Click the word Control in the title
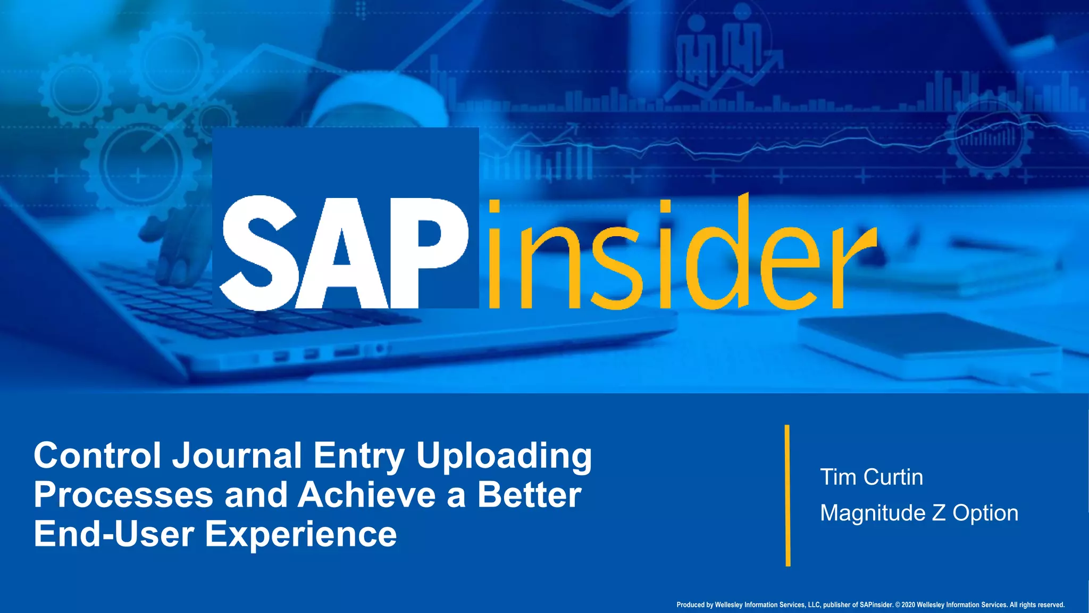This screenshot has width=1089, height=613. click(x=97, y=456)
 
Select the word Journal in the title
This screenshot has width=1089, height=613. click(x=237, y=456)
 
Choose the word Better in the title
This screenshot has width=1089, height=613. click(x=529, y=495)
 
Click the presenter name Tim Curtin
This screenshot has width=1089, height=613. click(x=871, y=477)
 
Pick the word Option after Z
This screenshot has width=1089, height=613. click(x=985, y=513)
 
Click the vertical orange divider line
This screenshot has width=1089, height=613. click(x=788, y=495)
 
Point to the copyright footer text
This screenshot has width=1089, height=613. click(x=870, y=605)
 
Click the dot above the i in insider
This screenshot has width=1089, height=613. click(x=495, y=206)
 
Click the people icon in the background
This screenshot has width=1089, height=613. click(x=723, y=48)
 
